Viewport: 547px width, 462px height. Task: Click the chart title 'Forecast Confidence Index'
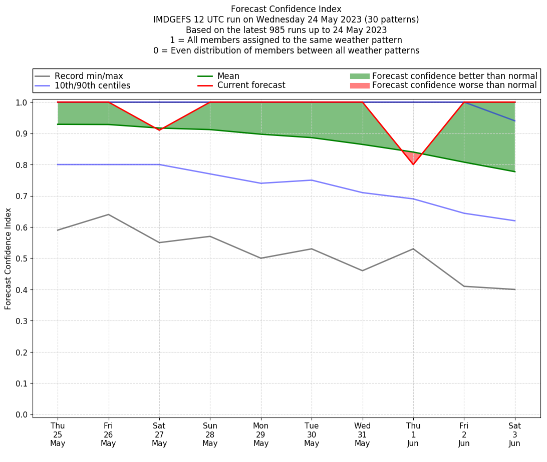click(286, 9)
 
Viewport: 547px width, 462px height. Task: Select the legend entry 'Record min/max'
click(89, 76)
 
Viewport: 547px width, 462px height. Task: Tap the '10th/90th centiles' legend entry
click(92, 85)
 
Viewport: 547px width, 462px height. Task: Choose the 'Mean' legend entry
click(228, 76)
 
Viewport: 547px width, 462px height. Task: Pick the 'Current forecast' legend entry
click(251, 85)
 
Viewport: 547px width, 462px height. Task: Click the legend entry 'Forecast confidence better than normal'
click(454, 76)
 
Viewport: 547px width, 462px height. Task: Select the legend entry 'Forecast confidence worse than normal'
click(454, 85)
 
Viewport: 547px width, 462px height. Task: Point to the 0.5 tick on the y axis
click(22, 258)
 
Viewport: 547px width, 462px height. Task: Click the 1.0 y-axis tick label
click(22, 102)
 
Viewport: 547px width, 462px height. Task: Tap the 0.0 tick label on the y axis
click(22, 414)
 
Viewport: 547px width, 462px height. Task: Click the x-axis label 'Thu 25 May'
click(58, 434)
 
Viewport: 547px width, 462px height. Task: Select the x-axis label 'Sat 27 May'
click(159, 434)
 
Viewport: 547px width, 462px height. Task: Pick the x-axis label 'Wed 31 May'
click(362, 434)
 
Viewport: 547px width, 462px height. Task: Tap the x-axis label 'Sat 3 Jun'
click(514, 434)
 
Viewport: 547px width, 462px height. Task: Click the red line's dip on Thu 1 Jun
click(413, 164)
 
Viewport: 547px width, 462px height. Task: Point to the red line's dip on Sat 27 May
click(159, 130)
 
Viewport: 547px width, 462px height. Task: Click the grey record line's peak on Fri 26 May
click(108, 214)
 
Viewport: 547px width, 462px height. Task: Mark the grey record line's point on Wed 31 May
click(362, 270)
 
